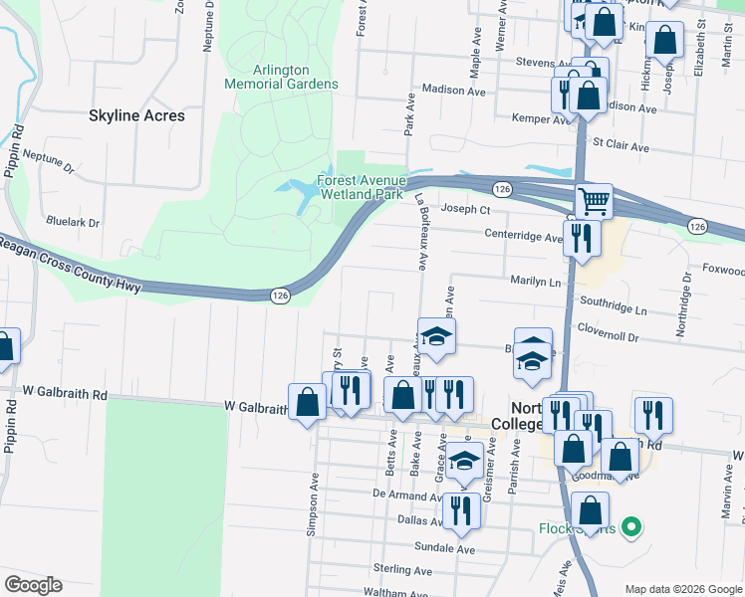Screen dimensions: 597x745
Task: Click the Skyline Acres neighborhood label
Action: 136,115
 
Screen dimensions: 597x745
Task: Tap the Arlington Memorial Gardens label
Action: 282,77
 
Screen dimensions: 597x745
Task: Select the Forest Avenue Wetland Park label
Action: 361,187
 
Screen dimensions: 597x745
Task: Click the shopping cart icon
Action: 594,201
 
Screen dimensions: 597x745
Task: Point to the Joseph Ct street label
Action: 466,210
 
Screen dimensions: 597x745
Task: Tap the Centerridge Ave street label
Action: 523,237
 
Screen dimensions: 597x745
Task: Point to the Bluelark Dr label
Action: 74,223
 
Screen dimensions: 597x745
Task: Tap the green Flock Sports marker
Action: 629,527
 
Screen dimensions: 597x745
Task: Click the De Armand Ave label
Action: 406,494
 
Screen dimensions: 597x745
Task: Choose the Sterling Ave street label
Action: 402,570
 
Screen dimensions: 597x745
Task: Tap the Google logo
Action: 33,585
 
